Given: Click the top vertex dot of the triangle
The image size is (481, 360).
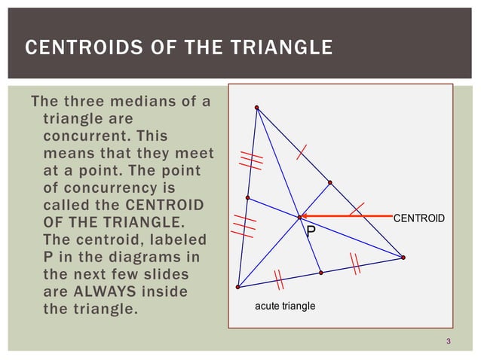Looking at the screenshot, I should coord(256,107).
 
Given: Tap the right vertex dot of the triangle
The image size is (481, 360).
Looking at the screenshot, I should coord(403,258).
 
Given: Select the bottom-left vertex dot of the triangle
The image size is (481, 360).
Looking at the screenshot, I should coord(237,287).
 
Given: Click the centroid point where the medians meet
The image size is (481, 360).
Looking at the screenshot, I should coord(299,217).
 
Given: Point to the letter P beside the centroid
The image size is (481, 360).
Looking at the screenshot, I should coord(310,233).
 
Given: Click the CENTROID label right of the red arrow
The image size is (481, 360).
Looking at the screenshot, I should coord(418,218).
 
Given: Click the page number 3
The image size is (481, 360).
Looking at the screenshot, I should coord(448,343).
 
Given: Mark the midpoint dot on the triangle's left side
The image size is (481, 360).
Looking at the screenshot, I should coord(247,197).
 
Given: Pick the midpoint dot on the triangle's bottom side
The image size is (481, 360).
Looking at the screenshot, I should coord(321,272).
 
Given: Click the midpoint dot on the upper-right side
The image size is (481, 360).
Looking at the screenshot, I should coord(329,182).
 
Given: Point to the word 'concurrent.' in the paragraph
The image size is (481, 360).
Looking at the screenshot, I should coord(84,136).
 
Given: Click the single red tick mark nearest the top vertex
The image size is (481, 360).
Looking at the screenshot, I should coord(301,152).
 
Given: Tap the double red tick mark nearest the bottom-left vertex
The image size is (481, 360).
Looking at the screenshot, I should coord(278,279).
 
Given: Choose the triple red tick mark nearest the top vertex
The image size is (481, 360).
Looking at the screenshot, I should coord(250,160).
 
